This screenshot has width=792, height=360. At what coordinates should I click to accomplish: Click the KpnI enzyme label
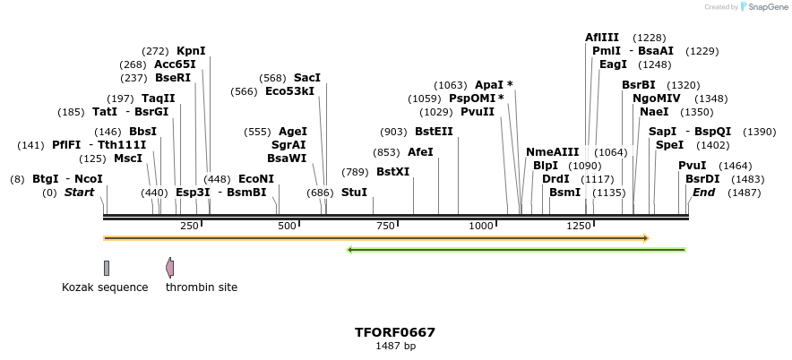(x=191, y=51)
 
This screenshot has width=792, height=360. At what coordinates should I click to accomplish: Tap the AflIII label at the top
(x=602, y=38)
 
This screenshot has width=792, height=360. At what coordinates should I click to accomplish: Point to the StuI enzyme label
(x=355, y=193)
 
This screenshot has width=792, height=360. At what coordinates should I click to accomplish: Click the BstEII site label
(x=434, y=132)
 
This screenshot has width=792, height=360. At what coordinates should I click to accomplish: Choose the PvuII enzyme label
(x=478, y=112)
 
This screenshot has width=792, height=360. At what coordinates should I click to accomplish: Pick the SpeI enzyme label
(x=669, y=145)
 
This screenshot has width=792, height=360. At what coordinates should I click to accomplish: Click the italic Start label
(x=79, y=193)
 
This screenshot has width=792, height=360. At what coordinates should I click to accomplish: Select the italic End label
(x=704, y=193)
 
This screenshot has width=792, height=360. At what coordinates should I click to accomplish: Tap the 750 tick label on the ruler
(x=386, y=226)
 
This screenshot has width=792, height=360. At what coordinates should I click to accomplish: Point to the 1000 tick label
(x=481, y=226)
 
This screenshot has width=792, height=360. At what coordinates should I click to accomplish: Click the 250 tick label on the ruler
(x=190, y=226)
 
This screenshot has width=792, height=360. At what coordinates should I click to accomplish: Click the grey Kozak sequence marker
(x=107, y=268)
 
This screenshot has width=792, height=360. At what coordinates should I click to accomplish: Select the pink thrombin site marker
(x=169, y=267)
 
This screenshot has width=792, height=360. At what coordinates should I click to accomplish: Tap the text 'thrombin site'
(x=202, y=287)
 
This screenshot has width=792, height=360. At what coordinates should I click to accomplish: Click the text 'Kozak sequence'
(x=105, y=287)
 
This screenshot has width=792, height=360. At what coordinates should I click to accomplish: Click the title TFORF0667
(x=395, y=332)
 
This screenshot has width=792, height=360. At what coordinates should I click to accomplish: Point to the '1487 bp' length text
(x=395, y=346)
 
